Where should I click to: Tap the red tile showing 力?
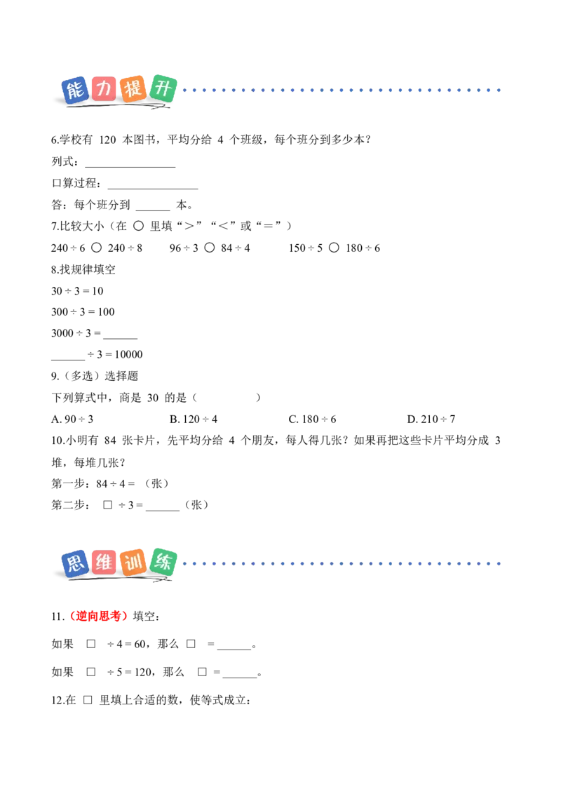click(102, 89)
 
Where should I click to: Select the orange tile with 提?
click(133, 89)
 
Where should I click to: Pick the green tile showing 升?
click(163, 88)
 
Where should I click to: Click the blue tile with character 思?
click(74, 563)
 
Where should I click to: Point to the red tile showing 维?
click(104, 562)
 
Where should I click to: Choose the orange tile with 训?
click(133, 562)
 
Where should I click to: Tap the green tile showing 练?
click(163, 561)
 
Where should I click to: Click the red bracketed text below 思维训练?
click(99, 617)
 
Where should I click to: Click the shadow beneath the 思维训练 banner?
click(119, 581)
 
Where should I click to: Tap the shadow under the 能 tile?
click(77, 109)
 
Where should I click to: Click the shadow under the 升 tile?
click(159, 109)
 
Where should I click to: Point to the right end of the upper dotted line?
click(502, 90)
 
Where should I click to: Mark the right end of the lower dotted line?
click(502, 563)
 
